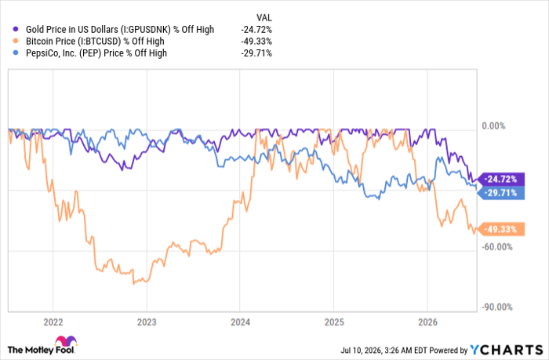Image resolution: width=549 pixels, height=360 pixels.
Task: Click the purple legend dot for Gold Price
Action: (16, 30)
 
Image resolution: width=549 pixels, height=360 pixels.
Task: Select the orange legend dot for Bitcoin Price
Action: (16, 42)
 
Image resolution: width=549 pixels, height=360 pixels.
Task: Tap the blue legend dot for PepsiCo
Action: (16, 53)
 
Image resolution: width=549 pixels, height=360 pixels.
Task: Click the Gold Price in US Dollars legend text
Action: (120, 30)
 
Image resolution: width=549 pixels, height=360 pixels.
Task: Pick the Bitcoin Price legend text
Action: (95, 42)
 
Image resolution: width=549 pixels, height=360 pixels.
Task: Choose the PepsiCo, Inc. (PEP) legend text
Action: (96, 53)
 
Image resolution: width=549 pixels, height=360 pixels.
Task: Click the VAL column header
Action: (264, 17)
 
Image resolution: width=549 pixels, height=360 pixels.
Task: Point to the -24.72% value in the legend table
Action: (256, 30)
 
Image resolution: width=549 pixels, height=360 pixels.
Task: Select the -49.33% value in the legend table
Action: (256, 42)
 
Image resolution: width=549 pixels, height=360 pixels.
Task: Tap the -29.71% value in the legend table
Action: (256, 53)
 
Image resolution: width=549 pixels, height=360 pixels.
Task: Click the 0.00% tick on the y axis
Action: (493, 126)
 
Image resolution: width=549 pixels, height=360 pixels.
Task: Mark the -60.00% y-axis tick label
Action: (496, 247)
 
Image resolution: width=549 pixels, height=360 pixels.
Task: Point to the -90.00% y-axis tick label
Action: (496, 307)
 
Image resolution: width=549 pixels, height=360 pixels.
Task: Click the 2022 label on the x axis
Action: (53, 322)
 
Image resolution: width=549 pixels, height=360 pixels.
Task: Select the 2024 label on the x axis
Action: (240, 322)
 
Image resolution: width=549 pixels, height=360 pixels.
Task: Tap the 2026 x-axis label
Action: (428, 322)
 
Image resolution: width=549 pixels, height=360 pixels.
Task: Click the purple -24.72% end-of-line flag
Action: (501, 180)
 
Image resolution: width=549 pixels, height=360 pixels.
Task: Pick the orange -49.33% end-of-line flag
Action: (501, 229)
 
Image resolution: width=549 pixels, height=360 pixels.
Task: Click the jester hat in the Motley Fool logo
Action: (66, 341)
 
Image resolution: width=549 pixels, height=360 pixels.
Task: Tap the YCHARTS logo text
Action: (507, 350)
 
